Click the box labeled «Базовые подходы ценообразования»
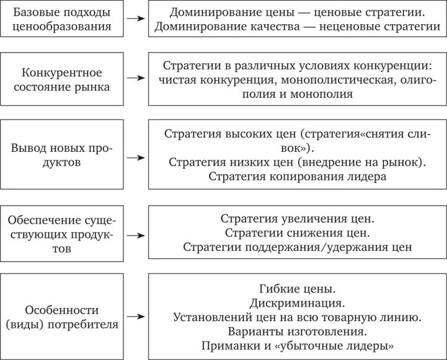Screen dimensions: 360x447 tap(61, 19)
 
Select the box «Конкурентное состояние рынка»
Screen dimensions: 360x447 tap(61, 79)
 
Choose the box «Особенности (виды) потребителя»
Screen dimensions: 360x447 tap(61, 316)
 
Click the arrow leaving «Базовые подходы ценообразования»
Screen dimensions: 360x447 tap(133, 19)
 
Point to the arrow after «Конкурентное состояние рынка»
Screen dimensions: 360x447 tap(133, 79)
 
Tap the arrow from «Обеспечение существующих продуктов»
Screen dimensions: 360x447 tap(133, 235)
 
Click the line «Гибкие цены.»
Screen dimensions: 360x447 tap(298, 288)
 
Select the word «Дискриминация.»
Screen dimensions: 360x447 tap(298, 303)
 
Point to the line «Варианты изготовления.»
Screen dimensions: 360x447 tap(298, 331)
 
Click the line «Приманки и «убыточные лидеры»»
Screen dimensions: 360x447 tap(298, 346)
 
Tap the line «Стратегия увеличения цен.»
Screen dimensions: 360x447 tap(298, 219)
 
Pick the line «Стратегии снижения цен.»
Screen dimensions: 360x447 tap(298, 234)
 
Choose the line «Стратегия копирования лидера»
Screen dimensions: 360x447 tap(298, 177)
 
